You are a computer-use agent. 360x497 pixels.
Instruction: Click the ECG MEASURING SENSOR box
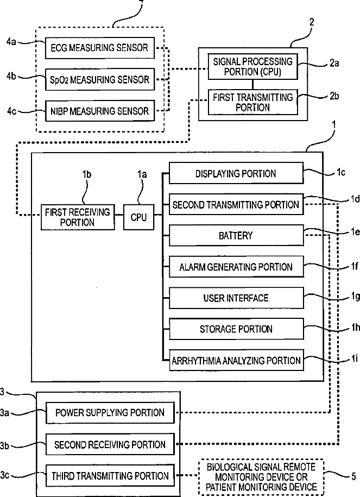click(x=100, y=48)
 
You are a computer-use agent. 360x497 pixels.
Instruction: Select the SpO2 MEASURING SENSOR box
click(x=100, y=79)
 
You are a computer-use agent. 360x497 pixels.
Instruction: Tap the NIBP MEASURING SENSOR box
click(x=100, y=111)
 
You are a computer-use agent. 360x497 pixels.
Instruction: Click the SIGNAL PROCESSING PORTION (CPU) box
click(x=252, y=66)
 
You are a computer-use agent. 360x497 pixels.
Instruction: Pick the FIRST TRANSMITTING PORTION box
click(x=252, y=102)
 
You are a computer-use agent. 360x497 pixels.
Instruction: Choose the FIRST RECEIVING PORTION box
click(x=78, y=217)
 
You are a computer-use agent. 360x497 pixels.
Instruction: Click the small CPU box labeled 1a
click(x=138, y=217)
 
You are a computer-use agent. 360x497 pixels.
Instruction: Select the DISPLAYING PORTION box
click(x=236, y=173)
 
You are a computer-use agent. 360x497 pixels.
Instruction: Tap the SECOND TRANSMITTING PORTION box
click(x=236, y=204)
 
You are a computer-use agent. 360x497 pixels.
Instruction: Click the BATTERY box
click(x=236, y=236)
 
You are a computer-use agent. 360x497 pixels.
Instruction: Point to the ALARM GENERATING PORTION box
click(x=236, y=267)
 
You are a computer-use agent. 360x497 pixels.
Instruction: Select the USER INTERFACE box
click(x=236, y=298)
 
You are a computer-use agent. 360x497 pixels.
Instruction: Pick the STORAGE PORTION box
click(x=236, y=329)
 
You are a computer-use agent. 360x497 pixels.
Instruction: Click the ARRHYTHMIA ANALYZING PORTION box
click(x=236, y=360)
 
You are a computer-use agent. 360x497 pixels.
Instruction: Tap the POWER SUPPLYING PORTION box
click(x=110, y=412)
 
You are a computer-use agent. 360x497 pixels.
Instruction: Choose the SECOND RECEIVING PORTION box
click(x=110, y=444)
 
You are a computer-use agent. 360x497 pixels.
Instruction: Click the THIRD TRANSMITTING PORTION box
click(x=110, y=475)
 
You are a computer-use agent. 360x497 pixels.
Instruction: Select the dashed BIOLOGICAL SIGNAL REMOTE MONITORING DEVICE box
click(x=261, y=477)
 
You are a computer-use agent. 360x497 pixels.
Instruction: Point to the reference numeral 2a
click(x=334, y=63)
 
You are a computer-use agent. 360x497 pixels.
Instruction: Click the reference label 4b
click(x=11, y=76)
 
